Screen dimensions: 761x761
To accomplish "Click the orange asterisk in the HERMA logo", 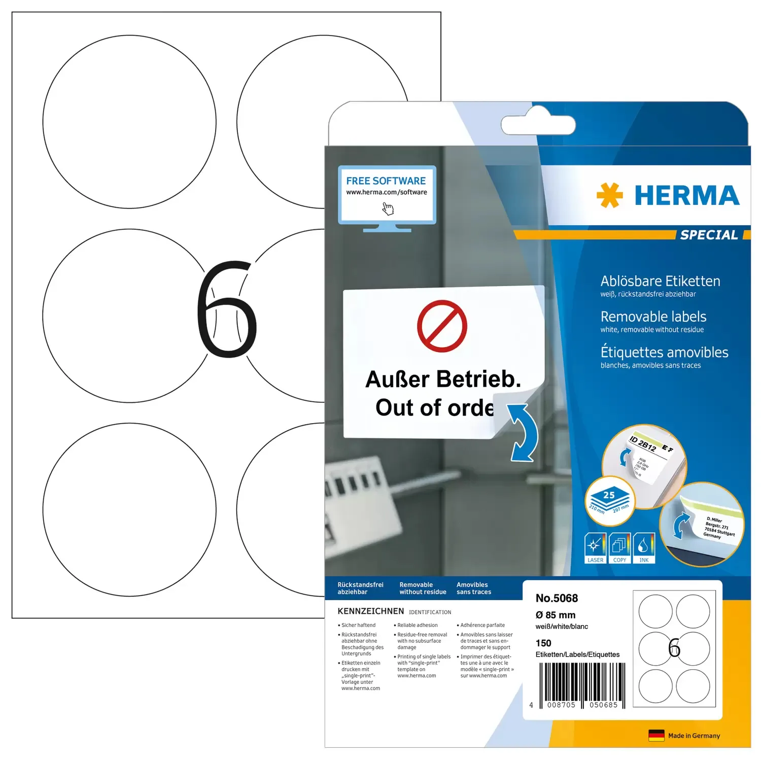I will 609,195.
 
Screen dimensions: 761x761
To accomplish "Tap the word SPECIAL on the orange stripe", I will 709,235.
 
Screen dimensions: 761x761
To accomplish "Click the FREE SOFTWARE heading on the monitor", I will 386,181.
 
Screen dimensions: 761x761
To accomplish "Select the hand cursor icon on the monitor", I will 388,209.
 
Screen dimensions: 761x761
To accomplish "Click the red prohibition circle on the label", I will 442,326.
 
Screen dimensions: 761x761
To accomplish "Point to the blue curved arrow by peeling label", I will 525,432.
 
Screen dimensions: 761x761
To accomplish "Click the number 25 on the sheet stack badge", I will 609,495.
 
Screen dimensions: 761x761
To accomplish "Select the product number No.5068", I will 557,599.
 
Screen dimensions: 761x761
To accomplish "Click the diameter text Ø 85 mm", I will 556,615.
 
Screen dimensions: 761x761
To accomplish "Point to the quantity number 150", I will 543,643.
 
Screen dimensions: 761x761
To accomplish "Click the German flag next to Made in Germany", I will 656,736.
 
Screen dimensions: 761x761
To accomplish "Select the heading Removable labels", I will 653,317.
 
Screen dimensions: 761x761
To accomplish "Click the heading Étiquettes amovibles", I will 664,353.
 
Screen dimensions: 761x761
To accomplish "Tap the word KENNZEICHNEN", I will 371,611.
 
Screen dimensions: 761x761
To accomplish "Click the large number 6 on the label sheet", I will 227,309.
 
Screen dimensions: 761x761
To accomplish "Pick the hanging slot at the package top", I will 538,125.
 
